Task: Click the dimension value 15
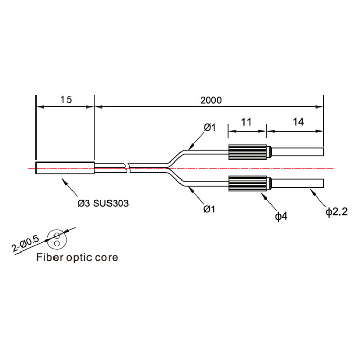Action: [x=66, y=100]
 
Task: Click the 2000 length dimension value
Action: [x=211, y=100]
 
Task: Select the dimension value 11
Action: [x=246, y=122]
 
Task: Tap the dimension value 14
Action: [x=298, y=122]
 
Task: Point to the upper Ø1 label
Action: [x=210, y=127]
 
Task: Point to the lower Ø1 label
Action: [x=209, y=209]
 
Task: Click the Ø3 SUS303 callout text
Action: [x=103, y=203]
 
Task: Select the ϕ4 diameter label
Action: [x=281, y=216]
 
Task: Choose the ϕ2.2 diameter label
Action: [x=336, y=212]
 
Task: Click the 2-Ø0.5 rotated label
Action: [x=26, y=244]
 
